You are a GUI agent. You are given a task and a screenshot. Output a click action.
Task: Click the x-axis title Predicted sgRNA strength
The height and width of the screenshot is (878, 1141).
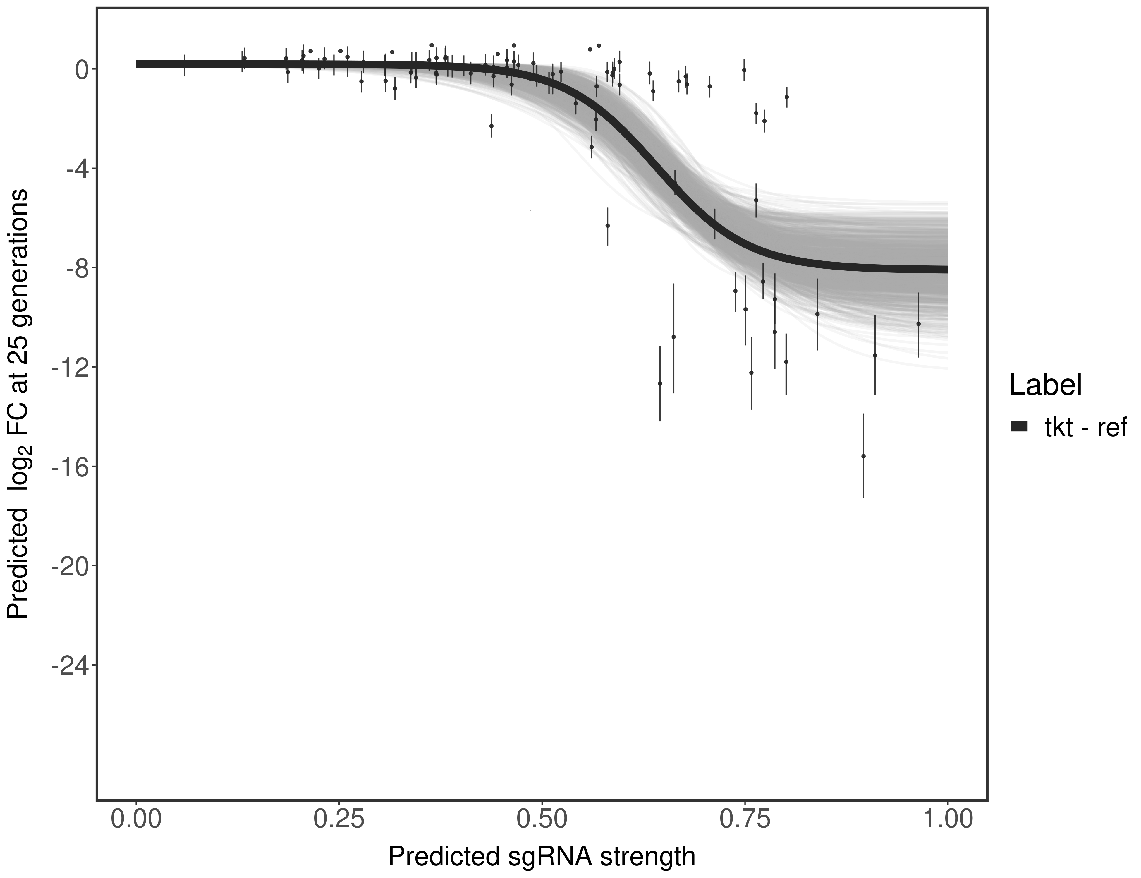(x=542, y=857)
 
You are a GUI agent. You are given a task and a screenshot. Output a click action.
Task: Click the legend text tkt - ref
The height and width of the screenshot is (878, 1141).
(x=1086, y=428)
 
